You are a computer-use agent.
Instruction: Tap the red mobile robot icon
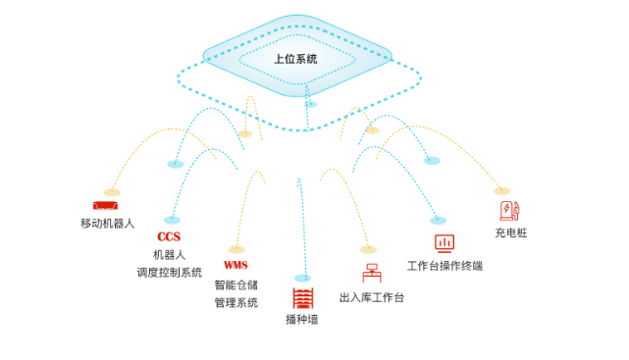point(105,206)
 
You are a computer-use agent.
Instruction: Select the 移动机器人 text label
point(107,224)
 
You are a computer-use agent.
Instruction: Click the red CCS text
point(169,236)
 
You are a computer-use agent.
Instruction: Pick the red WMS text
point(236,265)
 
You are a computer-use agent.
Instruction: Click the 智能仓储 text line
point(236,285)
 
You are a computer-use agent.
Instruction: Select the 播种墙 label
point(301,320)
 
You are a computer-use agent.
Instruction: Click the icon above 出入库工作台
point(371,273)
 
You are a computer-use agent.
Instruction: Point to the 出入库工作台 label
point(371,297)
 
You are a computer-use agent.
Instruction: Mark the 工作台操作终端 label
point(445,266)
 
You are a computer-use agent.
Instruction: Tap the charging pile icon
point(508,211)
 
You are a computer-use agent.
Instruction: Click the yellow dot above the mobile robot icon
point(112,192)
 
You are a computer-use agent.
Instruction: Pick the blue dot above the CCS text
point(172,220)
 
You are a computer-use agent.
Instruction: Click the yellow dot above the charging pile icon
point(501,190)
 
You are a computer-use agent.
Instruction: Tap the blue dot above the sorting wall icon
point(302,279)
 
